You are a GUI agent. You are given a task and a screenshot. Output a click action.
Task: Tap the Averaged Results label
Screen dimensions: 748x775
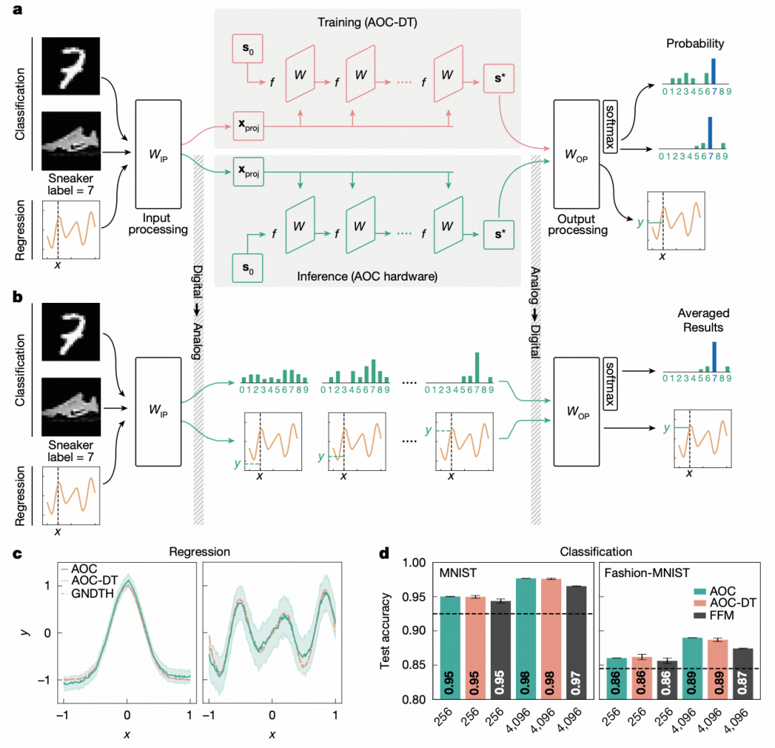(703, 319)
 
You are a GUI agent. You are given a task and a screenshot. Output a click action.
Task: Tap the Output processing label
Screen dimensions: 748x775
(581, 224)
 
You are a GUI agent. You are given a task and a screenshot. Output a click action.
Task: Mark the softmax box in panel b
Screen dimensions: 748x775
(611, 373)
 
